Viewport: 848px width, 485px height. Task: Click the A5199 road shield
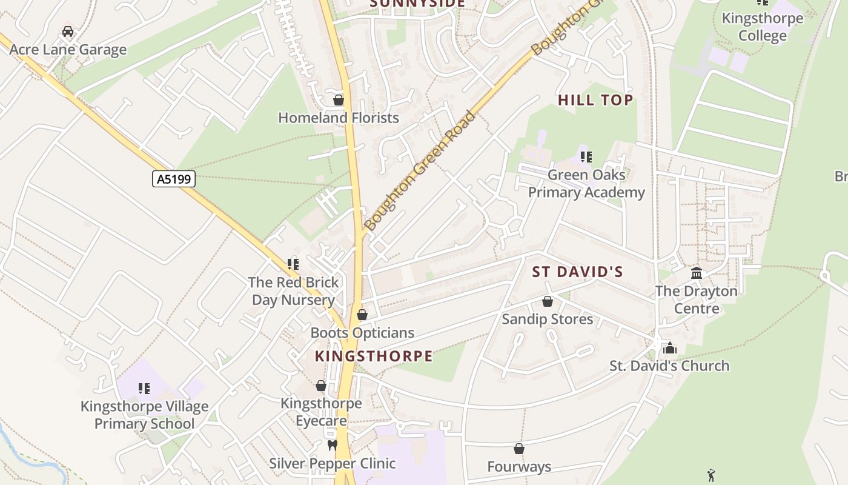pyautogui.click(x=173, y=179)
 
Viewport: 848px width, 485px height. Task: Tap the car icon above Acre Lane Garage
pyautogui.click(x=68, y=32)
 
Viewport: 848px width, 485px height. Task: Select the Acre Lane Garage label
pyautogui.click(x=68, y=50)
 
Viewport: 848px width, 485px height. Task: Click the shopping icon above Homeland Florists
pyautogui.click(x=339, y=100)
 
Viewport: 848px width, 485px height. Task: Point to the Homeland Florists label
pyautogui.click(x=339, y=118)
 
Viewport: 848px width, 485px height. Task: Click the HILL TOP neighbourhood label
pyautogui.click(x=595, y=100)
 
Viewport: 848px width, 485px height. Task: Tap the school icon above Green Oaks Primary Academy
pyautogui.click(x=586, y=158)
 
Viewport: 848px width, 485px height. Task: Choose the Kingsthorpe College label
pyautogui.click(x=763, y=27)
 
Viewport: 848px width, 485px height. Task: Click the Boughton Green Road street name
pyautogui.click(x=420, y=171)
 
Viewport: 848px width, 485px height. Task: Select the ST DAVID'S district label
pyautogui.click(x=577, y=272)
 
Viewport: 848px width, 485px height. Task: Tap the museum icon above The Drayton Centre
pyautogui.click(x=697, y=273)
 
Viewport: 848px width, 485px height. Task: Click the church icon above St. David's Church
pyautogui.click(x=669, y=348)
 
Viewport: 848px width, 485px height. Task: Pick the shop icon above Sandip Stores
pyautogui.click(x=548, y=301)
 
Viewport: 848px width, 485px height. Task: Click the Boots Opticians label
pyautogui.click(x=362, y=333)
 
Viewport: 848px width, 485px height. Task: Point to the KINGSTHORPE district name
pyautogui.click(x=374, y=356)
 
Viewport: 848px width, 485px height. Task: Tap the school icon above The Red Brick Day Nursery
pyautogui.click(x=293, y=264)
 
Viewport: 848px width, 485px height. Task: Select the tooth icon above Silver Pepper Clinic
pyautogui.click(x=332, y=446)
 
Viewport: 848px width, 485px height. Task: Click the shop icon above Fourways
pyautogui.click(x=519, y=449)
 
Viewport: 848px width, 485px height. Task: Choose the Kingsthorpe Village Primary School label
pyautogui.click(x=144, y=415)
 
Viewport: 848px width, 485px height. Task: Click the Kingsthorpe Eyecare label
pyautogui.click(x=321, y=412)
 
